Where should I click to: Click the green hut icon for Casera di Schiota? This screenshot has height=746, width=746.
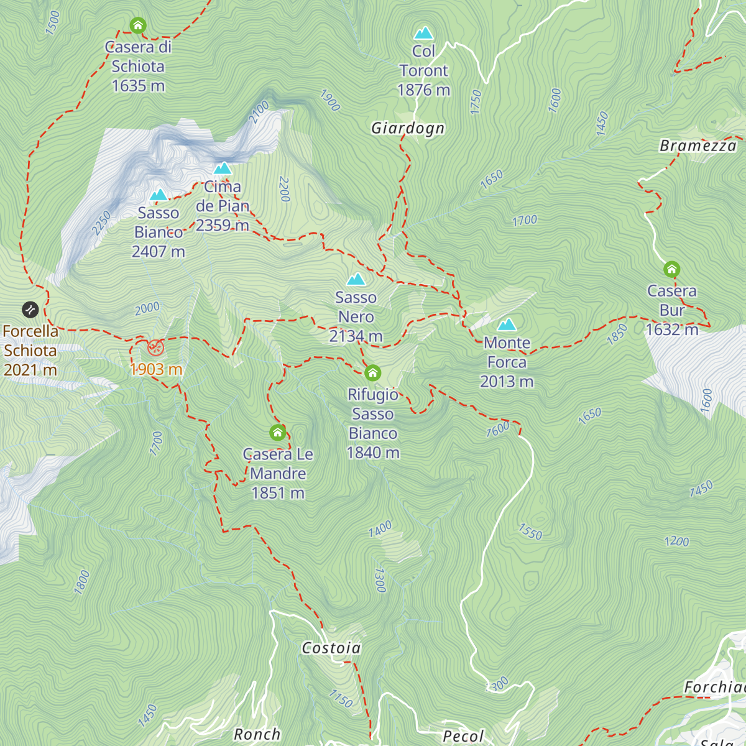click(x=138, y=25)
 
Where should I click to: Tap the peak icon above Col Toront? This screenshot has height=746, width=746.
click(x=424, y=32)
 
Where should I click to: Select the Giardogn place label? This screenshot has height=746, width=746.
click(x=408, y=128)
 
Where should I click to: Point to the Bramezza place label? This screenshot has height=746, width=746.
click(x=698, y=146)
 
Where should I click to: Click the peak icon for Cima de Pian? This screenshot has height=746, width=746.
click(x=223, y=168)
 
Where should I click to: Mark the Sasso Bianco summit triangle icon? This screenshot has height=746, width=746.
click(x=159, y=195)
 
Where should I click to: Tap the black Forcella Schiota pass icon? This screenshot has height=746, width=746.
click(x=30, y=310)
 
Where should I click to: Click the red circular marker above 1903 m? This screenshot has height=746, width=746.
click(x=155, y=348)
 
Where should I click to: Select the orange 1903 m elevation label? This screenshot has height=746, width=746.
click(x=156, y=369)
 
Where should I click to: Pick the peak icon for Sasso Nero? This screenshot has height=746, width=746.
click(x=356, y=279)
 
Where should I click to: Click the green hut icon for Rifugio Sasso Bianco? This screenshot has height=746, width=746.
click(x=372, y=373)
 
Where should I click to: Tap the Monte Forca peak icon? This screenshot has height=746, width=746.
click(x=507, y=325)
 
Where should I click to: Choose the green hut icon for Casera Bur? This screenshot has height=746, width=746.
click(x=671, y=269)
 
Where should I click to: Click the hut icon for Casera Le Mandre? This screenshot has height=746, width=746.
click(x=278, y=432)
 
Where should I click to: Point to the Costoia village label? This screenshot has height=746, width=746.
click(x=331, y=648)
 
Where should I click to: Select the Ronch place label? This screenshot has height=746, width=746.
click(x=257, y=734)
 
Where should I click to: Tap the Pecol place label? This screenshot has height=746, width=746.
click(x=463, y=737)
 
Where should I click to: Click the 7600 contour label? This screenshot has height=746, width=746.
click(x=498, y=429)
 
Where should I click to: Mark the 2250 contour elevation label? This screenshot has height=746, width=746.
click(x=102, y=223)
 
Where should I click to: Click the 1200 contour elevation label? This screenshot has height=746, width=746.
click(x=676, y=541)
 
